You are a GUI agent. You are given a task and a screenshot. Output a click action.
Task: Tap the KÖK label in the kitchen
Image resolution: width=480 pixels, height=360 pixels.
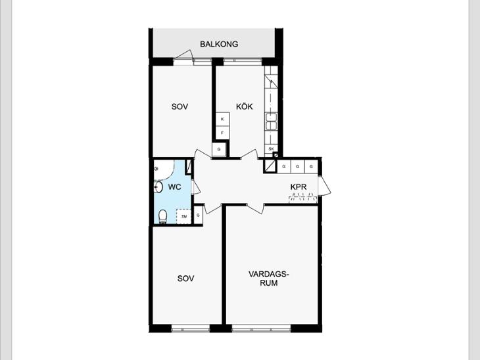coord(245,106)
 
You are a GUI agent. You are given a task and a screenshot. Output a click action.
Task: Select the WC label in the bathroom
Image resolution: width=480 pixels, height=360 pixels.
coord(174,187)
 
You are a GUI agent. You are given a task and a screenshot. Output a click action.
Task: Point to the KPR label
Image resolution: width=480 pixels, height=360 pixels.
coord(298,187)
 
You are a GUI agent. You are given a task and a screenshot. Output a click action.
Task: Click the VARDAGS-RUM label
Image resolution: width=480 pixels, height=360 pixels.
coord(269,279)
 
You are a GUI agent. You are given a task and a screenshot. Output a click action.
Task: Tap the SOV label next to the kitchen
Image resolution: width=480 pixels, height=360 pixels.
coord(180,106)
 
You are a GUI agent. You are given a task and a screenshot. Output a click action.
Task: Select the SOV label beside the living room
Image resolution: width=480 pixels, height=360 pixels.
coord(185,279)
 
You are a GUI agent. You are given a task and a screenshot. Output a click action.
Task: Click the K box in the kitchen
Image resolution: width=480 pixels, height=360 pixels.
coord(222,119)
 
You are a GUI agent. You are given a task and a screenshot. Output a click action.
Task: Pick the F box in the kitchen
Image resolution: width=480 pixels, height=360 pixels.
coord(222,133)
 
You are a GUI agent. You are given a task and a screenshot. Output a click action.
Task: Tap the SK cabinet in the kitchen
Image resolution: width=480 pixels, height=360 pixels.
coord(271,148)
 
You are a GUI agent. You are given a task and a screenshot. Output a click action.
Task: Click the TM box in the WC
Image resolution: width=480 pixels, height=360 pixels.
coord(183,217)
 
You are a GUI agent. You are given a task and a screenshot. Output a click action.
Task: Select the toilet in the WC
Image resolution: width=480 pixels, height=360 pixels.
coord(163,217)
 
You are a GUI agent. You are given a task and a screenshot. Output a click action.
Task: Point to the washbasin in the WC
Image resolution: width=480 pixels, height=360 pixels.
coord(158,187)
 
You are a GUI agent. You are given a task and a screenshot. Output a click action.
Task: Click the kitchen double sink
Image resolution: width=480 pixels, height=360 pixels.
coord(271,122)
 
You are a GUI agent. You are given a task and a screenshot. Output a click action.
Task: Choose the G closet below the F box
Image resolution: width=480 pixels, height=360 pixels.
coord(219,149)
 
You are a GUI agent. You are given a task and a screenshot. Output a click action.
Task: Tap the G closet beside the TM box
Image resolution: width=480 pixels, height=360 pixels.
coord(198,215)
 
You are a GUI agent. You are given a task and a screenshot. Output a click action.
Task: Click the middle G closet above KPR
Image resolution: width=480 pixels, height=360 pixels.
coord(298,166)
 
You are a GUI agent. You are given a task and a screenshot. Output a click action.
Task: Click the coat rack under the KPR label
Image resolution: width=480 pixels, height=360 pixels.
coord(303,199)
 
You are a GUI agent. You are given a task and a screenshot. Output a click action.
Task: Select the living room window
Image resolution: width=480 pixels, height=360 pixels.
coord(261,330)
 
